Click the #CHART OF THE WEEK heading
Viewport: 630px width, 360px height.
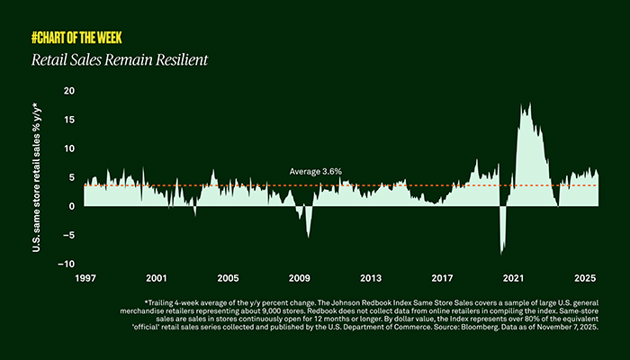76,38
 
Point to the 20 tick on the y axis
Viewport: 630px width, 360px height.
69,91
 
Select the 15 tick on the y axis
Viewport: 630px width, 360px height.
69,120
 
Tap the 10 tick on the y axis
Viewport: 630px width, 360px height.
69,148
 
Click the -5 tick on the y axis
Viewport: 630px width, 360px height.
68,235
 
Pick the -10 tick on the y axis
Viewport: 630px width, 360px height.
66,264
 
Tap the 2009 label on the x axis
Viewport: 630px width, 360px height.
299,279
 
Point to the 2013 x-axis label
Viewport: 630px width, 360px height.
370,279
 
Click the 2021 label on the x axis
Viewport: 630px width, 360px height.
514,279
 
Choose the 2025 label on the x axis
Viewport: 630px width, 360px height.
585,279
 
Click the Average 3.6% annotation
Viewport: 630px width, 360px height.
315,171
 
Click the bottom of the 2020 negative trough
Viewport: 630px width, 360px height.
501,254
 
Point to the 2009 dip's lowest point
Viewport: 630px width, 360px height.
308,238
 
